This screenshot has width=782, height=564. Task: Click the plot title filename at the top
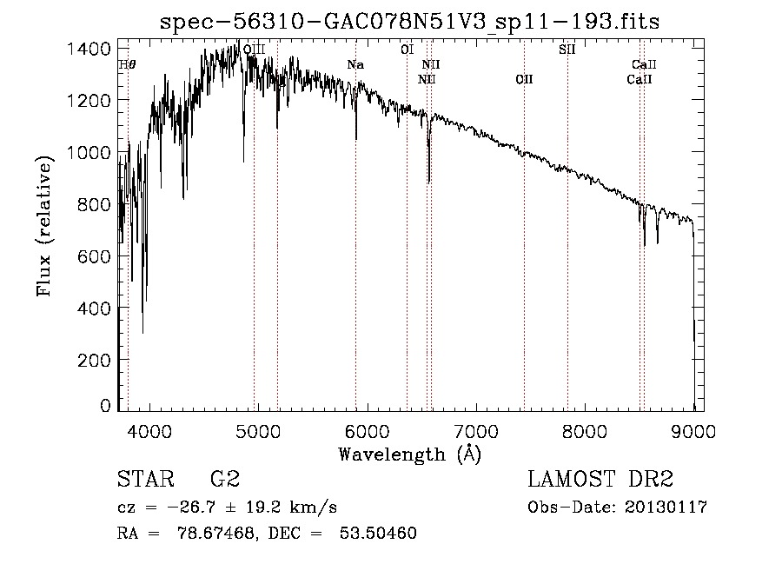pyautogui.click(x=410, y=22)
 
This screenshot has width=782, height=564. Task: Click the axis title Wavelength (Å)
pyautogui.click(x=409, y=454)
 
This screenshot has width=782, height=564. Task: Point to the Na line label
pyautogui.click(x=355, y=64)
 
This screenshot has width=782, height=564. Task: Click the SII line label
pyautogui.click(x=567, y=50)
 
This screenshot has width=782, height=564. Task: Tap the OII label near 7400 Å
pyautogui.click(x=524, y=80)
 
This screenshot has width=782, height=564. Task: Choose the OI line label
pyautogui.click(x=407, y=50)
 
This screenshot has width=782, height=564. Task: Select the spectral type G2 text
pyautogui.click(x=224, y=480)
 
